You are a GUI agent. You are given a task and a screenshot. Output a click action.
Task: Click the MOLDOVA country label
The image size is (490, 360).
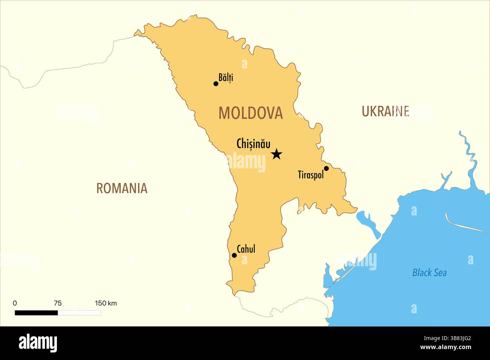(x=251, y=113)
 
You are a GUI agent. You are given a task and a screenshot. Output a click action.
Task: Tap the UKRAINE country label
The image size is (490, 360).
(x=385, y=111)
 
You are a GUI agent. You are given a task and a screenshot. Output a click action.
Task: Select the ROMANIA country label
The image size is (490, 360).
(x=122, y=188)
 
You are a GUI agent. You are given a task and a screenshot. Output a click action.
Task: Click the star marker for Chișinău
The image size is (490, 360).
(x=277, y=154)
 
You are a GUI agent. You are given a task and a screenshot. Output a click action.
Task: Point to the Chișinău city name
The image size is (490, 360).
(x=253, y=144)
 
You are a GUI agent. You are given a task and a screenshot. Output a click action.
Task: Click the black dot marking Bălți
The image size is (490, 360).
(x=216, y=84)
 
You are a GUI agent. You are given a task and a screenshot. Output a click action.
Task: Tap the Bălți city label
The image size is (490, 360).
(x=226, y=78)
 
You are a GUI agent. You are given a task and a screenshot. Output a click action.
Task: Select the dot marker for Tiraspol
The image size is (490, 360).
(x=326, y=168)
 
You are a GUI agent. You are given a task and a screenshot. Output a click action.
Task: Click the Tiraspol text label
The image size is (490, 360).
(x=311, y=175)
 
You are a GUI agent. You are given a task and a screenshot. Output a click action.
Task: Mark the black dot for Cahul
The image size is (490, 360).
(x=234, y=255)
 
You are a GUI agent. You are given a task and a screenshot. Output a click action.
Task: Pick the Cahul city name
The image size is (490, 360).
(x=246, y=249)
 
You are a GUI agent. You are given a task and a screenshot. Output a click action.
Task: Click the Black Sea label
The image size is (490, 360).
(x=429, y=273)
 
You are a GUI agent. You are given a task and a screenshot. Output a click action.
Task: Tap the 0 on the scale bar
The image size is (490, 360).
(x=15, y=303)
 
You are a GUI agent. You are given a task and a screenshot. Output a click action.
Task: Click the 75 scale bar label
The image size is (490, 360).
(x=58, y=303)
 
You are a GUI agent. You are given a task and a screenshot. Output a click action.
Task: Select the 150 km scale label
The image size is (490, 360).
(x=106, y=303)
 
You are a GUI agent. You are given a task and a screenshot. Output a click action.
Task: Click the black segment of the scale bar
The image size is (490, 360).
(x=36, y=313)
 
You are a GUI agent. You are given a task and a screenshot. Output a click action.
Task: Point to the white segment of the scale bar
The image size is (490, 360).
(x=79, y=313)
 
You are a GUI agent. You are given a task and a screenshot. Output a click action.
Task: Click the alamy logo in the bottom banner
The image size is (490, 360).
(x=38, y=343)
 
